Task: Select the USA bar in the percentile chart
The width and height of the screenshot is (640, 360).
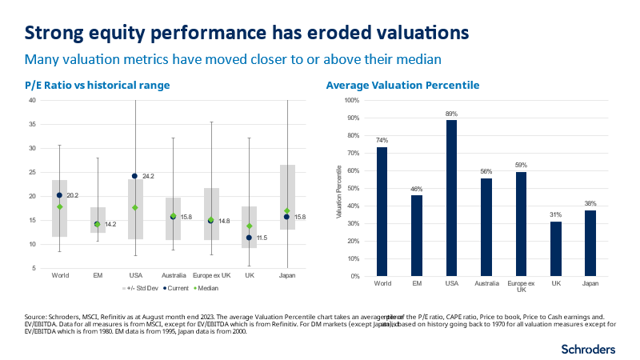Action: (452, 198)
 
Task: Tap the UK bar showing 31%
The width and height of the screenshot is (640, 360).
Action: (557, 249)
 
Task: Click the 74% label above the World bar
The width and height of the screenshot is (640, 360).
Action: (382, 141)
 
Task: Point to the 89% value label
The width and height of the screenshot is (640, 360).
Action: (452, 114)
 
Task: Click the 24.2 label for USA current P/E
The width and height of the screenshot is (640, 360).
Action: (149, 176)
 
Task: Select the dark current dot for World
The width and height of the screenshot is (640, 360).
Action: (59, 195)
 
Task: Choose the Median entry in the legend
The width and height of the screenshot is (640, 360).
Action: (186, 286)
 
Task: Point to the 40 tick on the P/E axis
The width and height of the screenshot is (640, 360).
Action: (33, 101)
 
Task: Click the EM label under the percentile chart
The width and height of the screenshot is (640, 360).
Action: (417, 284)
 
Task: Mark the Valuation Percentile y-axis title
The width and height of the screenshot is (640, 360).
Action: (338, 189)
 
